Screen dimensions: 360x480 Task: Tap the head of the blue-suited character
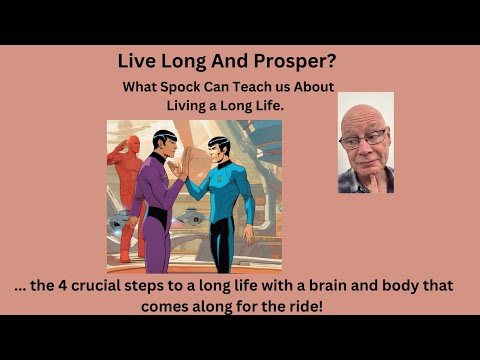219,147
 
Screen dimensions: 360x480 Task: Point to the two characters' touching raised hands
187,165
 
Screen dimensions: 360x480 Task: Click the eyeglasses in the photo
363,141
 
